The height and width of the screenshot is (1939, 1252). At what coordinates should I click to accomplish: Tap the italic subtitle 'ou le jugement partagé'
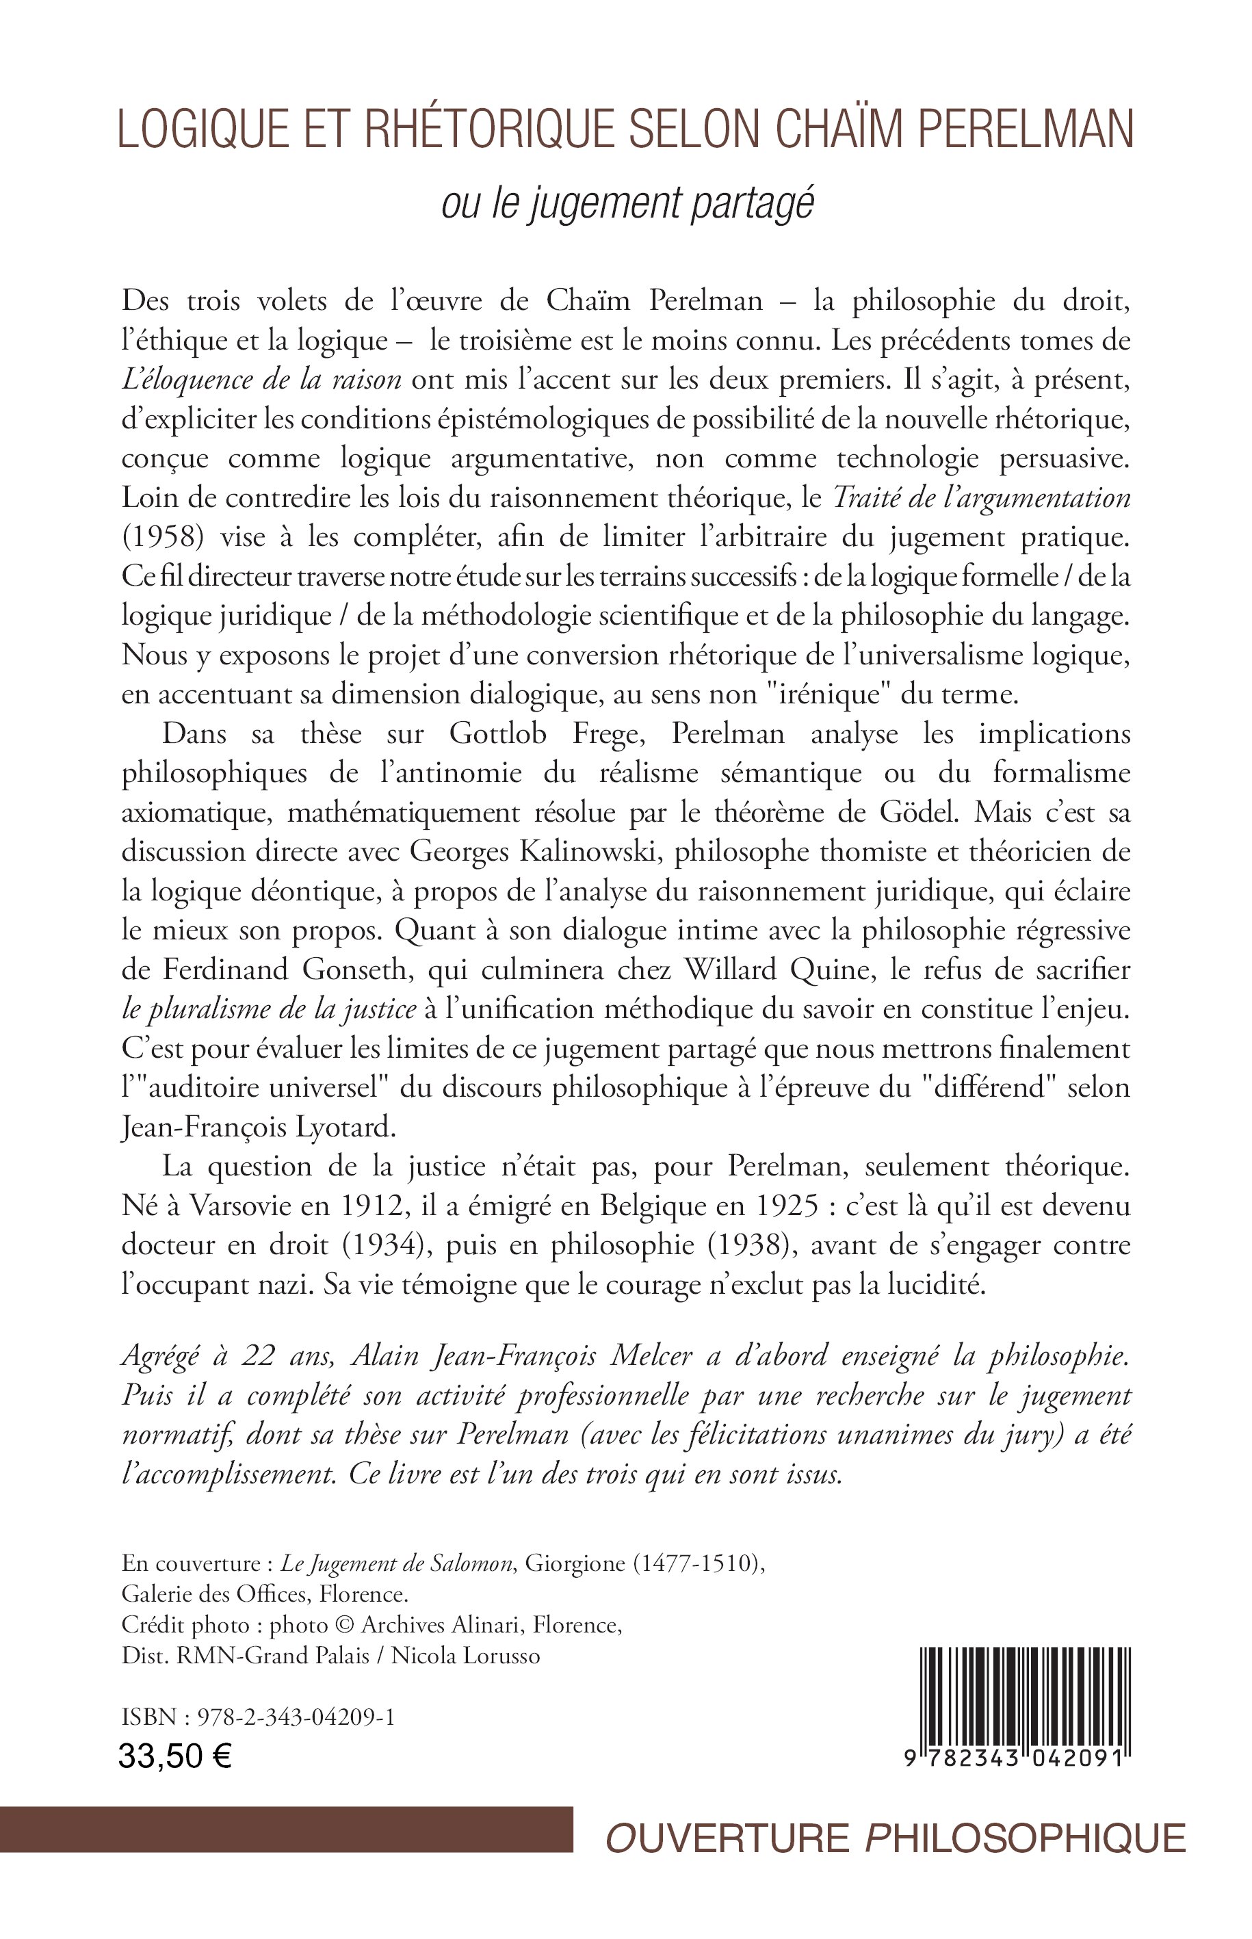click(x=627, y=204)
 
